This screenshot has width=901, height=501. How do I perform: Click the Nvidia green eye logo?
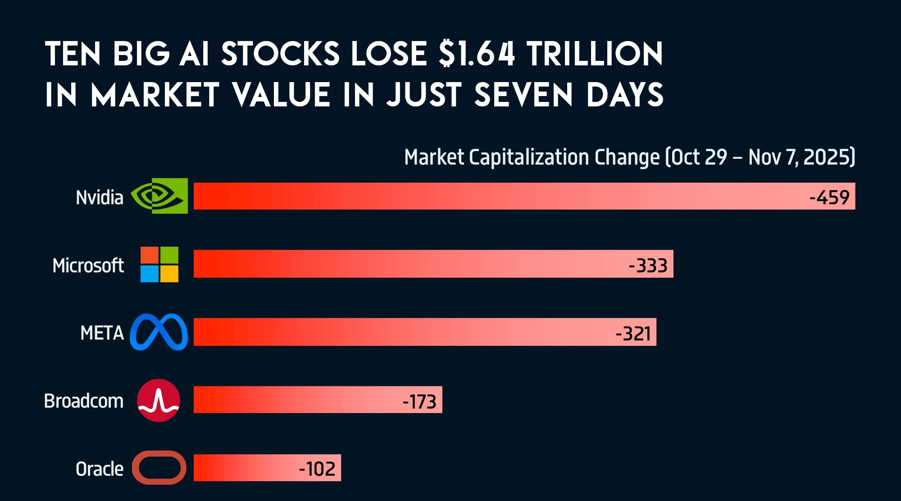click(x=159, y=196)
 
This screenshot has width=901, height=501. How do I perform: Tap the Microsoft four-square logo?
click(x=159, y=264)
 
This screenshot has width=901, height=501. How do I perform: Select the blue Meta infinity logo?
click(x=159, y=332)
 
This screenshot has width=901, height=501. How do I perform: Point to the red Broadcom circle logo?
click(x=159, y=400)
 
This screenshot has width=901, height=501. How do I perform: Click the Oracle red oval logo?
click(x=159, y=468)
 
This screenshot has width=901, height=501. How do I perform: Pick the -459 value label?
click(x=829, y=198)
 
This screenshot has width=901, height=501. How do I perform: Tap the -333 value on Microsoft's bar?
click(x=648, y=266)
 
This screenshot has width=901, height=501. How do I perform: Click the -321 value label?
click(x=633, y=334)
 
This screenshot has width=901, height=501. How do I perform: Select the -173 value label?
click(x=419, y=402)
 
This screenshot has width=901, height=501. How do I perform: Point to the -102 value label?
click(x=317, y=469)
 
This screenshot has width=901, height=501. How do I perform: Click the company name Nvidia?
click(x=100, y=198)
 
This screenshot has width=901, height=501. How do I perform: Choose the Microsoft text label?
click(x=88, y=266)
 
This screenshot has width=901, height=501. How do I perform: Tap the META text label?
click(x=102, y=333)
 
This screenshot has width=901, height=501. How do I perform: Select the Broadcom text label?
click(x=84, y=401)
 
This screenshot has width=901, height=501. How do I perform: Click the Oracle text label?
click(x=100, y=469)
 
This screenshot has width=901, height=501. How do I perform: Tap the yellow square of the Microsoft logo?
click(x=169, y=274)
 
